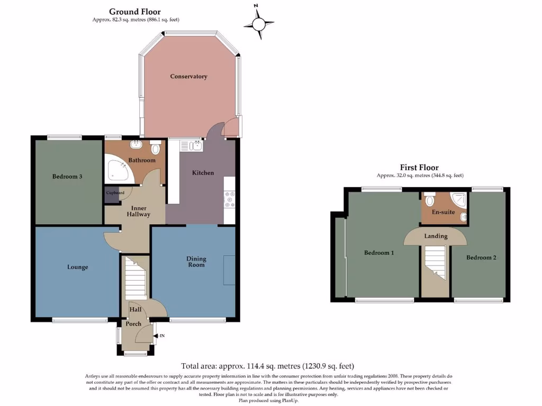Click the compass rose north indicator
pyautogui.click(x=259, y=24)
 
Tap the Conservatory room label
pyautogui.click(x=188, y=77)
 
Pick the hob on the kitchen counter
pyautogui.click(x=229, y=200)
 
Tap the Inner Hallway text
pyautogui.click(x=139, y=211)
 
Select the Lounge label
pyautogui.click(x=78, y=267)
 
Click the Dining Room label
pyautogui.click(x=196, y=262)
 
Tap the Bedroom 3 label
pyautogui.click(x=67, y=177)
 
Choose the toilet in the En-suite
pyautogui.click(x=429, y=200)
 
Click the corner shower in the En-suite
pyautogui.click(x=459, y=200)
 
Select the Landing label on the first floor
pyautogui.click(x=436, y=236)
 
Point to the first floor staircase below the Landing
pyautogui.click(x=436, y=264)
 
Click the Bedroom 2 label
pyautogui.click(x=481, y=258)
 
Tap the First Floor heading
pyautogui.click(x=419, y=168)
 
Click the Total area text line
pyautogui.click(x=267, y=366)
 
